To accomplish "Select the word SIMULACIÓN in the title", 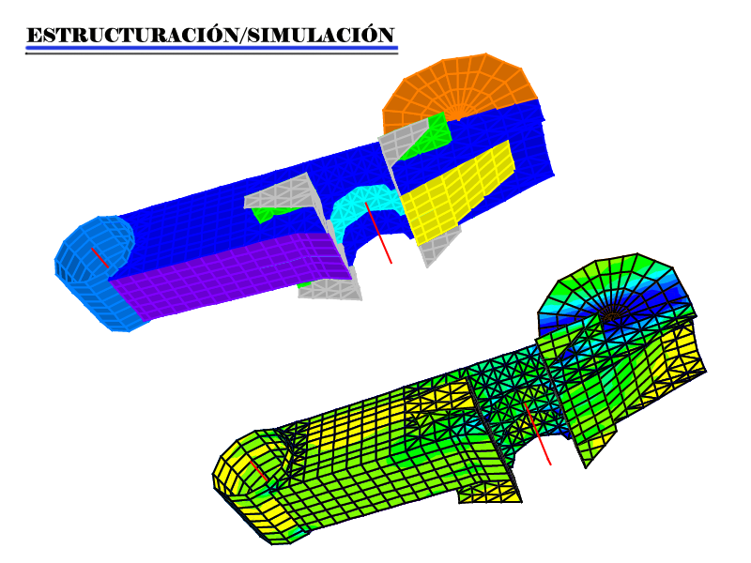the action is coord(321,36).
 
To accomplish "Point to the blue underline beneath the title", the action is coord(212,48).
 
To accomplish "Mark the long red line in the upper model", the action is coord(378,233).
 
